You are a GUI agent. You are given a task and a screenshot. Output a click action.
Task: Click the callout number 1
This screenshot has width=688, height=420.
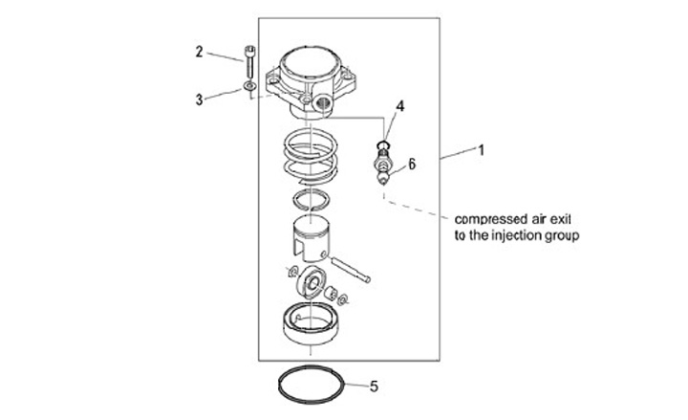(483, 150)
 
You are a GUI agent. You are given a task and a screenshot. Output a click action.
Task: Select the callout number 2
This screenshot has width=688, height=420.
(200, 52)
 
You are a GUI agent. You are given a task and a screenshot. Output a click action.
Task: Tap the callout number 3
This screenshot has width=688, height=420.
(200, 99)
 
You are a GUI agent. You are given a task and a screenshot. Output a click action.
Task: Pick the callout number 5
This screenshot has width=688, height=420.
(374, 387)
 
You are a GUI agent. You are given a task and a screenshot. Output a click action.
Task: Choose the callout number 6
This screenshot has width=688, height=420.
(412, 164)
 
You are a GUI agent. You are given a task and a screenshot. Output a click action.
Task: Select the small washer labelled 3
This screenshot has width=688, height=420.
(248, 88)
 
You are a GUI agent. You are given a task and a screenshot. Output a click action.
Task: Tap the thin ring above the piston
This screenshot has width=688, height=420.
(311, 200)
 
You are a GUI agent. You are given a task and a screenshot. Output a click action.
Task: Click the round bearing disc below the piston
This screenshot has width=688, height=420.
(310, 283)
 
